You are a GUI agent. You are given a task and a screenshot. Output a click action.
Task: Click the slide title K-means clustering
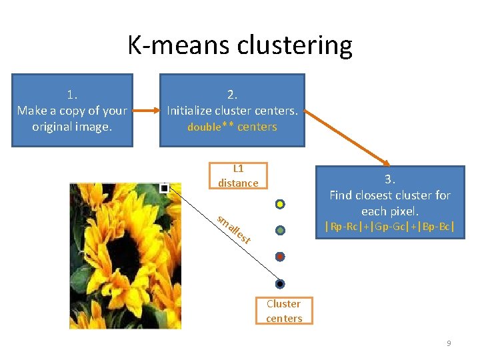[240, 45]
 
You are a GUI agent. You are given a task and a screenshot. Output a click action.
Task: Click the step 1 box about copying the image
[72, 110]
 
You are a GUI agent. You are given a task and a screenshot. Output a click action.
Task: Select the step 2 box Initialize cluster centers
[232, 110]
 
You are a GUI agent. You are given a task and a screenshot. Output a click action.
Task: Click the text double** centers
[232, 127]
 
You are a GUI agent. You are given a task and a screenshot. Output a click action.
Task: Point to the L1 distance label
[238, 176]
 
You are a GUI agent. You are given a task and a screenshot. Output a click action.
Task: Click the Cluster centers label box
[284, 311]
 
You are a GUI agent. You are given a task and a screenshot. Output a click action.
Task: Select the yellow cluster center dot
[281, 203]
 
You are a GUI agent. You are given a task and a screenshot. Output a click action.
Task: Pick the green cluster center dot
[281, 230]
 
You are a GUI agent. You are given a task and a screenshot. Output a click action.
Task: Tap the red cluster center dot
[281, 256]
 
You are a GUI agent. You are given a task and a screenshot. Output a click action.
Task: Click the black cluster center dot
[281, 283]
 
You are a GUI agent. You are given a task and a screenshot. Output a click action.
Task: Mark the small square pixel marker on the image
[165, 189]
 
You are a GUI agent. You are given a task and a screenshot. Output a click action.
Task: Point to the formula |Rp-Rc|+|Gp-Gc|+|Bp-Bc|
[390, 227]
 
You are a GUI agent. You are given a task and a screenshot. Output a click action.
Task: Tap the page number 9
[449, 343]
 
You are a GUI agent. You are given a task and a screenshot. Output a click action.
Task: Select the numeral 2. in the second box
[232, 94]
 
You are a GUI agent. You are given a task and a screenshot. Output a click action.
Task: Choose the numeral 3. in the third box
[390, 179]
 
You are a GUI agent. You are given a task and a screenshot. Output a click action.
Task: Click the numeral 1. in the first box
[72, 94]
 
